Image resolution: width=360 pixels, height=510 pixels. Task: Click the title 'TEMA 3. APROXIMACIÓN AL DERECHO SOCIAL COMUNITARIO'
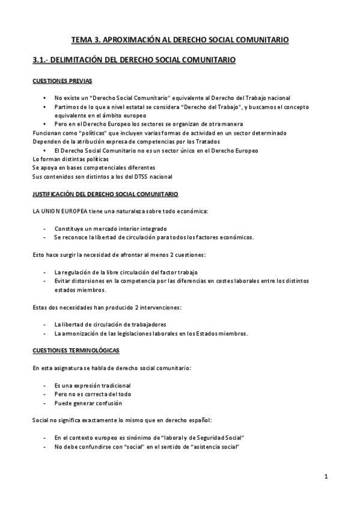(x=180, y=40)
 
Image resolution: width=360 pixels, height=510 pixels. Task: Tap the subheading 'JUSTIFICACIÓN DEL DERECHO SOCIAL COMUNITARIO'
(x=105, y=194)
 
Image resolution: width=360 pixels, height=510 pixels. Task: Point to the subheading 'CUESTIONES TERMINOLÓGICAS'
(x=76, y=350)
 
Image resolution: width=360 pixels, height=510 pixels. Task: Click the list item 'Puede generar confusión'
(x=87, y=402)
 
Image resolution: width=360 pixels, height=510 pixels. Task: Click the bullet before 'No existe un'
(x=44, y=97)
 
